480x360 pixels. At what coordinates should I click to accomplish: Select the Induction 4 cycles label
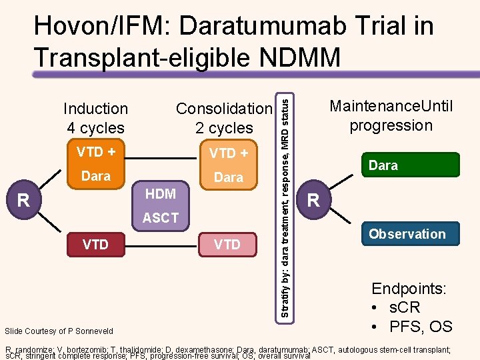(95, 118)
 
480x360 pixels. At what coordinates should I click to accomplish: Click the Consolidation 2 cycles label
(224, 118)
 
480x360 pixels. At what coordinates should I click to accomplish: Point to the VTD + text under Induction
(95, 151)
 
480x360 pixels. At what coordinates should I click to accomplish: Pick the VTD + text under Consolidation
(228, 153)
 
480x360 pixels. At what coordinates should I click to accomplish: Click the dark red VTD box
(95, 245)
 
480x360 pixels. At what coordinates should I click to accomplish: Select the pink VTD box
(228, 245)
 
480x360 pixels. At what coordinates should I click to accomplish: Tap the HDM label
(160, 194)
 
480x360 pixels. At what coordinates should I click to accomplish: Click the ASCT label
(160, 218)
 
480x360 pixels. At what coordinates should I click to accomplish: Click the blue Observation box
(407, 234)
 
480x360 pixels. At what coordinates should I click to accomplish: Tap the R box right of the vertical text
(313, 199)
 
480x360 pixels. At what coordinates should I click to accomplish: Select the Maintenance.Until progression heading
(391, 116)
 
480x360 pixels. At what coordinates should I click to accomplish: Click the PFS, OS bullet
(411, 327)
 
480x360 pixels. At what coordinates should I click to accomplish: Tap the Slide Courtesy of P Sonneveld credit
(59, 331)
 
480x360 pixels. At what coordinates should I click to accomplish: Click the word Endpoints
(409, 289)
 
